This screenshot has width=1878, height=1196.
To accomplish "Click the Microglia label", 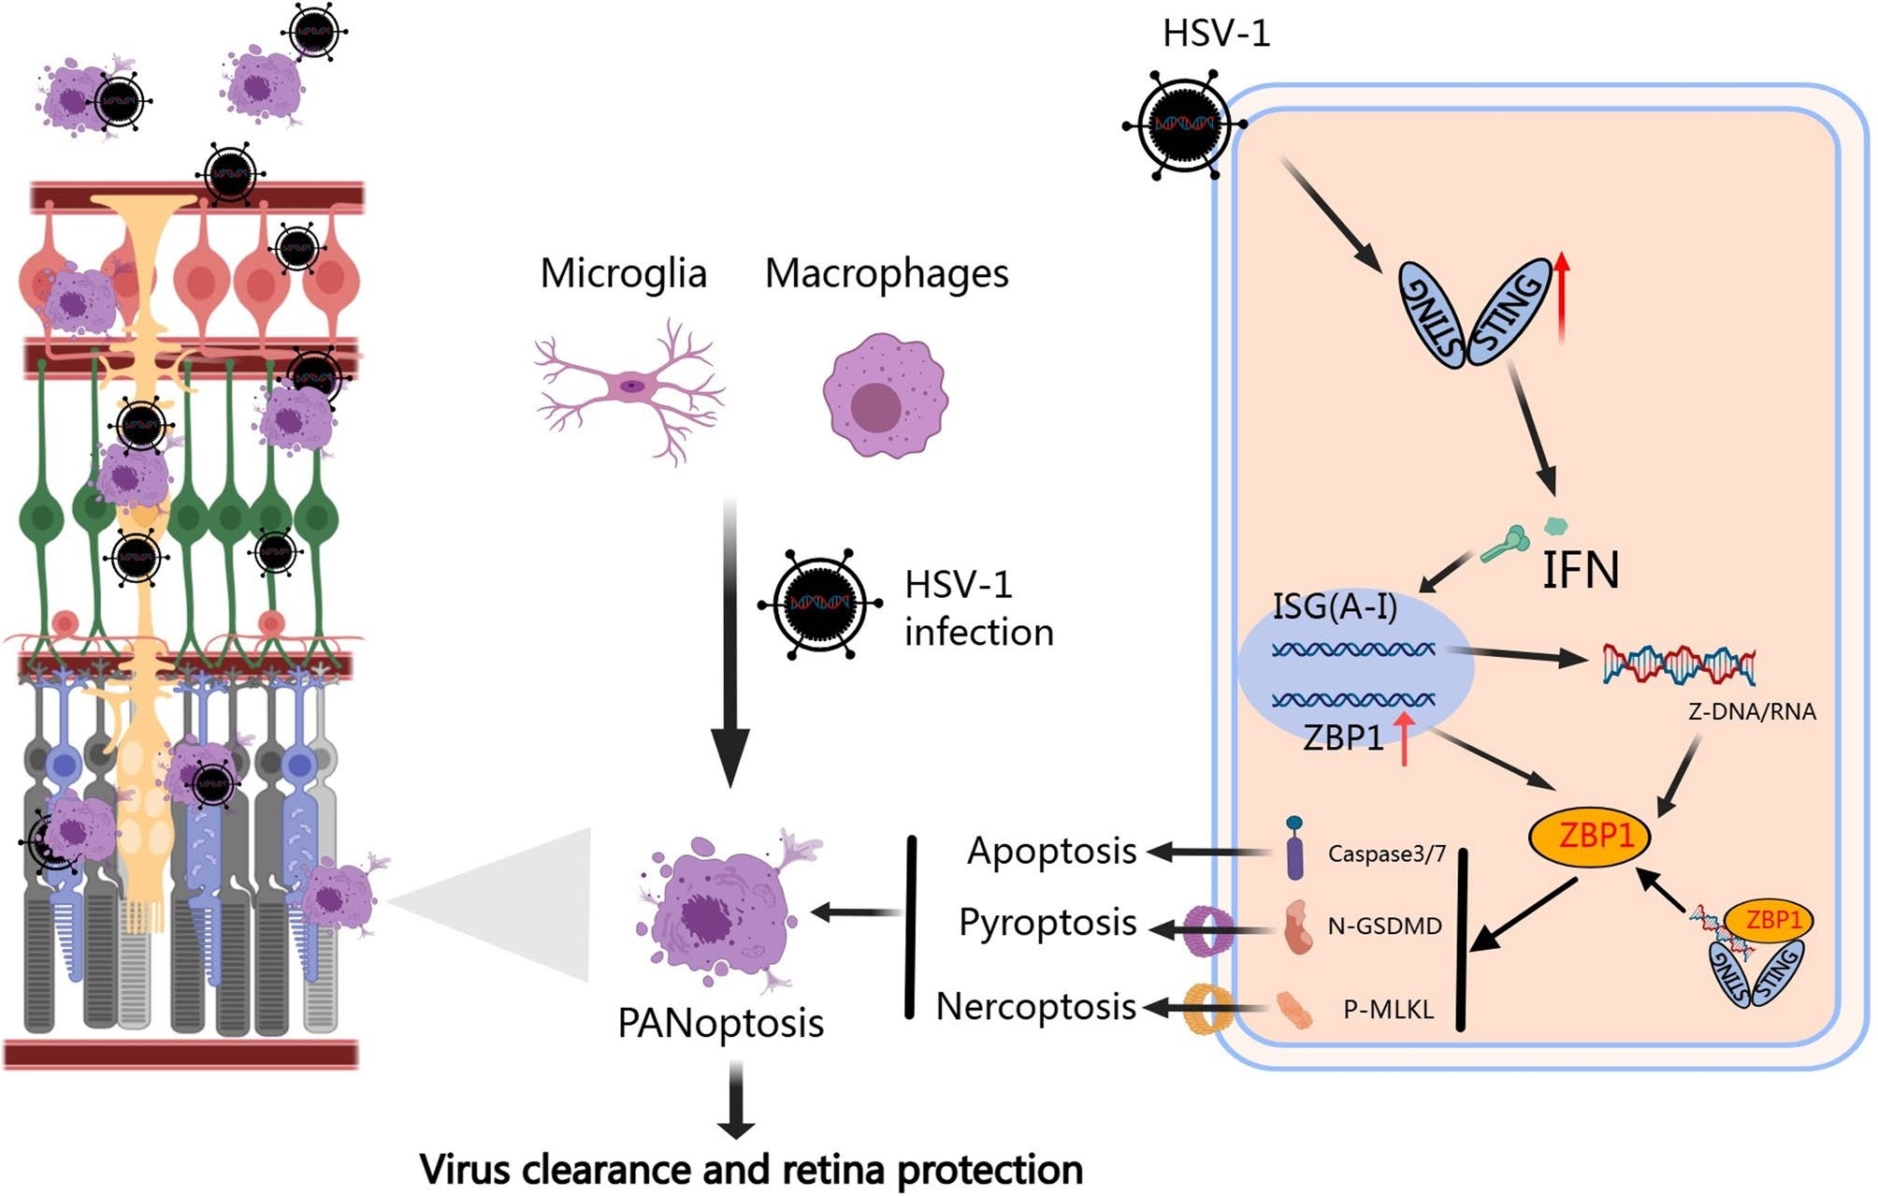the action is (623, 273).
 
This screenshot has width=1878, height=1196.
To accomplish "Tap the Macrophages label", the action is (887, 273).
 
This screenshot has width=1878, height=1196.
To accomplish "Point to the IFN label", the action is (1580, 569).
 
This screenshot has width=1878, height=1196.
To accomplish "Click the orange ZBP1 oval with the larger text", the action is (1588, 834).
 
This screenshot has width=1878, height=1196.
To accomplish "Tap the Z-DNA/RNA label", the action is (1752, 711).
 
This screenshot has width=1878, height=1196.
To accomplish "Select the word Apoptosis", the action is (1051, 851).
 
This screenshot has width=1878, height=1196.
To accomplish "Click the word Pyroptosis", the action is (1047, 923).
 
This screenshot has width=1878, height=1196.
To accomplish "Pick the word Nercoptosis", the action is (1036, 1007).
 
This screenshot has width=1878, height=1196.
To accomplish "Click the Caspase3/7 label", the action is (1387, 853).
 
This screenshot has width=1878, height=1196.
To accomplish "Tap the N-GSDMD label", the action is (1385, 926).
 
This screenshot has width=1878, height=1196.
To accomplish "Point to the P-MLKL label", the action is (1389, 1009).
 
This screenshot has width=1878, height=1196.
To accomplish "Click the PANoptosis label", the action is (720, 1023).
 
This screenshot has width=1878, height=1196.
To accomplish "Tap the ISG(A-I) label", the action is (1335, 606).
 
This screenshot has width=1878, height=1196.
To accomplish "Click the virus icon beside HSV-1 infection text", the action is (819, 604).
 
